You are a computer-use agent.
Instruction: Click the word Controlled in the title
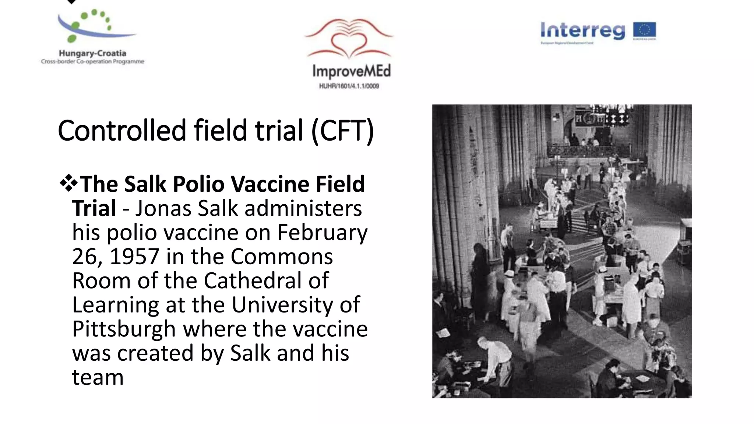122,131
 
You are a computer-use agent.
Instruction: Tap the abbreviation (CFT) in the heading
342,131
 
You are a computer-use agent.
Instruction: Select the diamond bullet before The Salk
68,183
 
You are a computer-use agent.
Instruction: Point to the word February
322,233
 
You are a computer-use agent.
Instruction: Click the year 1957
134,257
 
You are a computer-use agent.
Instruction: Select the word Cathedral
253,280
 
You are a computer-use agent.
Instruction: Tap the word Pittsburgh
124,329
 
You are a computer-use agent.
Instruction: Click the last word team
98,377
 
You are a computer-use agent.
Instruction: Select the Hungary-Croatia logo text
92,53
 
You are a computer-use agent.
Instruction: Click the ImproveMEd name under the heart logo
351,71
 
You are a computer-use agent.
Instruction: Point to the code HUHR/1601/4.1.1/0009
349,86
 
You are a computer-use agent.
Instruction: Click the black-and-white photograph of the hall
561,251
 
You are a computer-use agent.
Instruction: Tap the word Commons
282,257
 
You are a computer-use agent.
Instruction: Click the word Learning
115,305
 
